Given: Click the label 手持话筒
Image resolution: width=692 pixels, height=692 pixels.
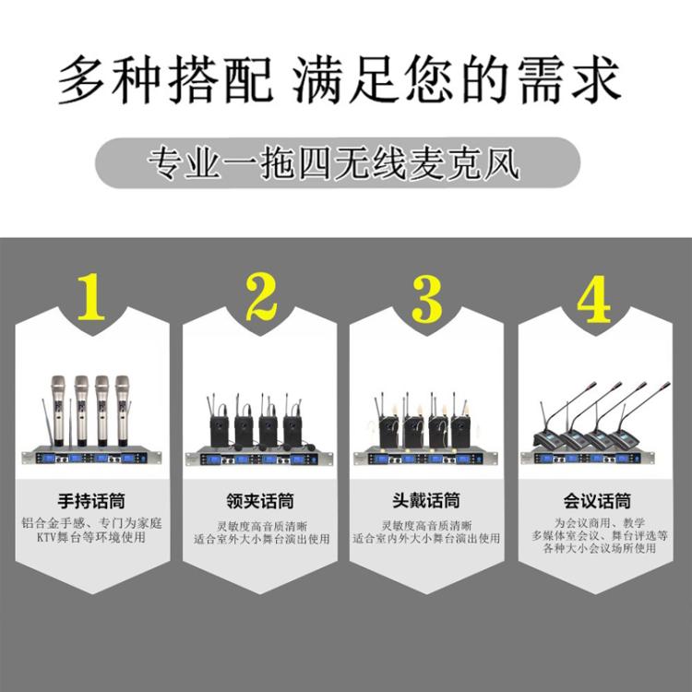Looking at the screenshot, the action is [91, 502].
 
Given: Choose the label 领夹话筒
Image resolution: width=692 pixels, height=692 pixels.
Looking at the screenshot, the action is [259, 502].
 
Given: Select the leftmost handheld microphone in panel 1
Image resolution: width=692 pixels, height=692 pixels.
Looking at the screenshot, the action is [57, 406].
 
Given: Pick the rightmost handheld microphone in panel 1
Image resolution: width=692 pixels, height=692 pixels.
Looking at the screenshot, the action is [121, 406].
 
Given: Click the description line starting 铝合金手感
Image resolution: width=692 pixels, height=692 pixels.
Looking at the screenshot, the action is [91, 522].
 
